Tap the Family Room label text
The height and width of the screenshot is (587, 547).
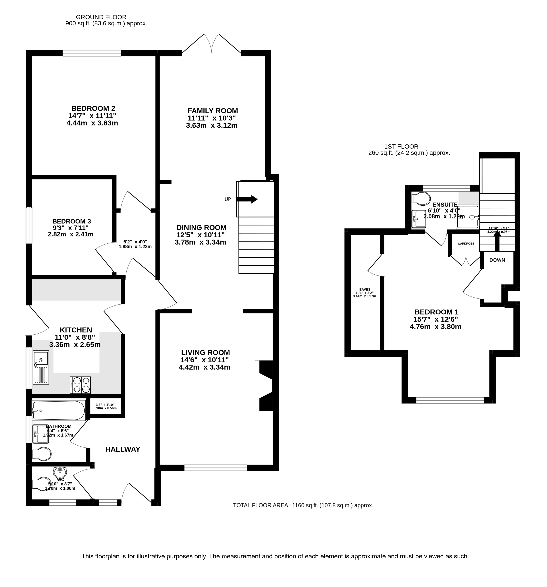coord(212,111)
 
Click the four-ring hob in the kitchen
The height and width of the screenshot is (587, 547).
coord(80,385)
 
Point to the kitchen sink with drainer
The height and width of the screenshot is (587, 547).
coord(41,367)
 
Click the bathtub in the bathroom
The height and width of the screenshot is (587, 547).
coord(58,410)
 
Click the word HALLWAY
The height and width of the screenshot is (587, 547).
coord(123,449)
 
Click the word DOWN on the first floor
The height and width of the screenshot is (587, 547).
coord(497,260)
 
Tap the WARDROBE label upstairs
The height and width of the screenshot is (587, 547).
coord(466,244)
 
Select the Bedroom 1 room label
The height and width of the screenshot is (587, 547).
coord(436,312)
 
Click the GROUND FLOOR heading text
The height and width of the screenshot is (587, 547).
coord(101,17)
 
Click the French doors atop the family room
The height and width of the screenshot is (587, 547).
coord(211,44)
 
